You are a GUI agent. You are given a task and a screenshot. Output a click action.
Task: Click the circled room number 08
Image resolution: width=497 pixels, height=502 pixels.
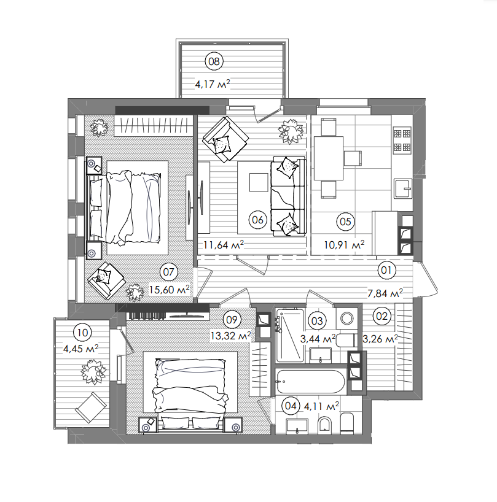pyautogui.click(x=214, y=61)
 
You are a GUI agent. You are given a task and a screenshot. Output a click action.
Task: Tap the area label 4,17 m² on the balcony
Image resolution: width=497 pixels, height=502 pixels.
pyautogui.click(x=213, y=84)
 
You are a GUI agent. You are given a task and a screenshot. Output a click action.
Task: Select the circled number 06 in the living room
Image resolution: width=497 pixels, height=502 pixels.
pyautogui.click(x=257, y=219)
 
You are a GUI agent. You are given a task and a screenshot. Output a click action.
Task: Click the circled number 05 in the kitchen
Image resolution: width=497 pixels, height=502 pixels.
pyautogui.click(x=345, y=222)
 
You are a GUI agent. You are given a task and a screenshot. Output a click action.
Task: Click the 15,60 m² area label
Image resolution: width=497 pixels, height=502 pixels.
pyautogui.click(x=168, y=289)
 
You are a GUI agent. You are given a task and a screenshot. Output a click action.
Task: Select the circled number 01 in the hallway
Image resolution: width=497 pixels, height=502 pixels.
pyautogui.click(x=387, y=269)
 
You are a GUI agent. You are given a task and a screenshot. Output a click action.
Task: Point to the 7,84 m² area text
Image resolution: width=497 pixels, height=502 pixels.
pyautogui.click(x=385, y=293)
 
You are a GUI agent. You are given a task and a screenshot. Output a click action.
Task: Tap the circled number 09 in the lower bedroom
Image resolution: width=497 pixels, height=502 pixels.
pyautogui.click(x=231, y=319)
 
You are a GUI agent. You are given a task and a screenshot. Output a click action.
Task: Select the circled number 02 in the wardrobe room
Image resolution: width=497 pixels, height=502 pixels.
pyautogui.click(x=382, y=317)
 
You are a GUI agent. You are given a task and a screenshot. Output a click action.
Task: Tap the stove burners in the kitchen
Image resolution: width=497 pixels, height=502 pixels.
pyautogui.click(x=402, y=140)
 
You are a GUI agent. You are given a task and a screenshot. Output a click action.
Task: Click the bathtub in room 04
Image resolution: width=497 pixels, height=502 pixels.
pyautogui.click(x=310, y=381)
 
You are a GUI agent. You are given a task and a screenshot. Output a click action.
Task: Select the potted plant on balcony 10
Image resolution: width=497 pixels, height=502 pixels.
pyautogui.click(x=92, y=369)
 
